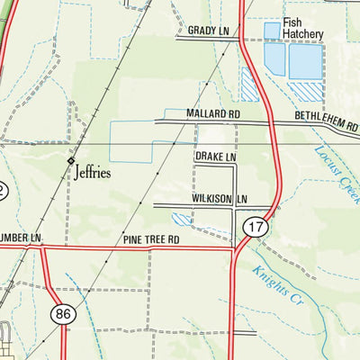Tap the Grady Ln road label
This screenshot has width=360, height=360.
click(x=209, y=31)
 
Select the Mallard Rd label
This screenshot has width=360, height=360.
click(x=213, y=115)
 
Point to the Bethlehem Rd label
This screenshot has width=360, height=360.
click(x=326, y=119)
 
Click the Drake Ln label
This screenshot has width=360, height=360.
click(x=215, y=157)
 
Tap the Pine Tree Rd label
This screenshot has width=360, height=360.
click(x=152, y=240)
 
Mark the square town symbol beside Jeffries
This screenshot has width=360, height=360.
click(x=71, y=160)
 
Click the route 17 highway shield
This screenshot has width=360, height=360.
click(x=256, y=229)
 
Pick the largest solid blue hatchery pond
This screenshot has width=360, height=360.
click(x=305, y=60)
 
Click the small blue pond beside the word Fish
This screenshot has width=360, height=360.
click(x=271, y=31)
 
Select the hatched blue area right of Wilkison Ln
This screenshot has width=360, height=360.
click(x=182, y=219)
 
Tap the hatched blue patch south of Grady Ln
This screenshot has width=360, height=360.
click(x=249, y=85)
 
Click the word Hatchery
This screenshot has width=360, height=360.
click(x=302, y=34)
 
